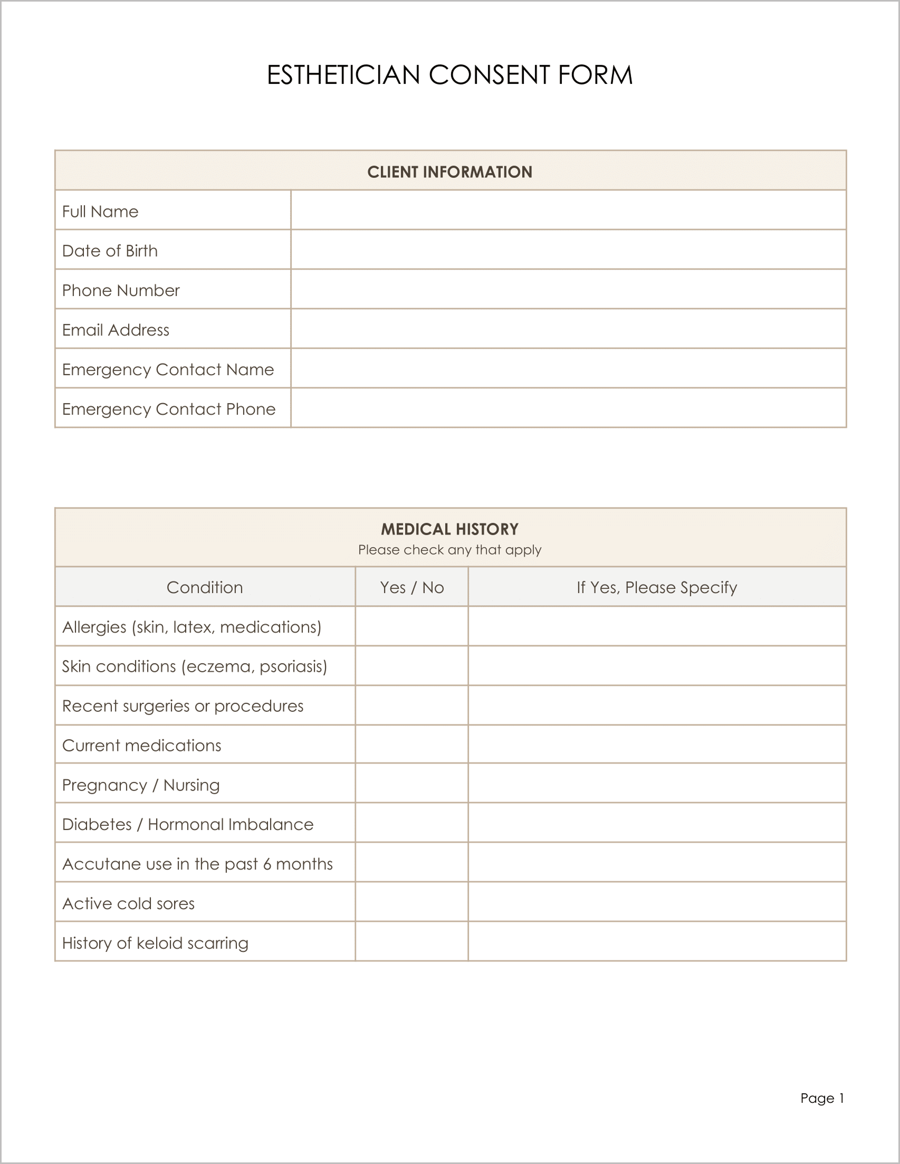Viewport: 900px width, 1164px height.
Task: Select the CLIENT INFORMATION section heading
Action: click(x=449, y=171)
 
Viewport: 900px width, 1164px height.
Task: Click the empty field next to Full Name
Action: click(x=568, y=211)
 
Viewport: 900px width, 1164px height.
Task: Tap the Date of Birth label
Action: click(x=110, y=251)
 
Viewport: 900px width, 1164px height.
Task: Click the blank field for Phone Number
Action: click(x=568, y=289)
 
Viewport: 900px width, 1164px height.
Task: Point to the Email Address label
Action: click(x=116, y=330)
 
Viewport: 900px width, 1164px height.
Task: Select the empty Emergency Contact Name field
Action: click(x=568, y=368)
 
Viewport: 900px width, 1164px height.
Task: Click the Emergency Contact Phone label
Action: click(x=168, y=409)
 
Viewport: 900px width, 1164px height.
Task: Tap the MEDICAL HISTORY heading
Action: click(x=449, y=529)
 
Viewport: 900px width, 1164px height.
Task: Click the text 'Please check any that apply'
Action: click(x=449, y=549)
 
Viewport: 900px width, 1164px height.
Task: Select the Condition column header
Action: click(x=205, y=587)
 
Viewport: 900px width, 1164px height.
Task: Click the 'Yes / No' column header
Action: click(x=412, y=587)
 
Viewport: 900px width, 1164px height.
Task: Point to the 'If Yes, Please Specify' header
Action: click(x=656, y=587)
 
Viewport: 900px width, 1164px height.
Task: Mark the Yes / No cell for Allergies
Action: click(x=412, y=626)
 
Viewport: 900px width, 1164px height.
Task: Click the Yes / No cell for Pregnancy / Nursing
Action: click(x=412, y=784)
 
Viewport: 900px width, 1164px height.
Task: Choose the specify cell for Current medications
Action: click(x=656, y=745)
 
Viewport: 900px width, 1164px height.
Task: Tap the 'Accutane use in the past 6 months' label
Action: click(x=197, y=863)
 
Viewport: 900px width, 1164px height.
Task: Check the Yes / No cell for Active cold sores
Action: click(x=412, y=903)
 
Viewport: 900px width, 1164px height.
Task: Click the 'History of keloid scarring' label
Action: click(x=155, y=943)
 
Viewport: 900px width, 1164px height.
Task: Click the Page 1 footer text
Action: click(x=822, y=1098)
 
